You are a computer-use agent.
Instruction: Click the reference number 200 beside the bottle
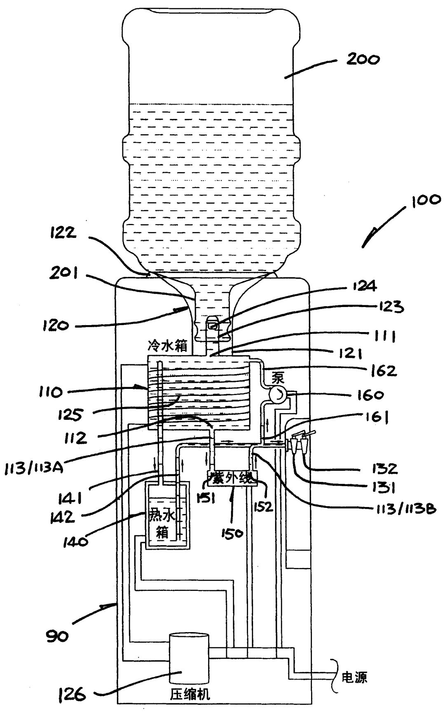click(x=363, y=59)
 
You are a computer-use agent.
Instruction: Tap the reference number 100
click(x=425, y=201)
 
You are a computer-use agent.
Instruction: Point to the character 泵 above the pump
click(x=278, y=378)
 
